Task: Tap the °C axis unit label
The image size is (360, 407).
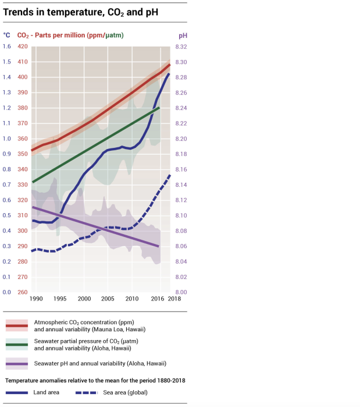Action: coord(6,36)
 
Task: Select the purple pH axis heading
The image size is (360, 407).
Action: coord(183,36)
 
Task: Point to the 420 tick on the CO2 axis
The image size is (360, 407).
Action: coord(22,47)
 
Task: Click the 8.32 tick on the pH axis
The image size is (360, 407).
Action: coord(182,47)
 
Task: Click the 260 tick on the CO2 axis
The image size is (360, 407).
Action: coord(22,292)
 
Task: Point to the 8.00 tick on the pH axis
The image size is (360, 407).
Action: coord(182,292)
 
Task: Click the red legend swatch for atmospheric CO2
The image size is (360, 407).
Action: coord(17,325)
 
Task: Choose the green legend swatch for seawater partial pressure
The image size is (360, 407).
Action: coord(17,344)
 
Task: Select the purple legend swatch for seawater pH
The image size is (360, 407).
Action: coord(17,363)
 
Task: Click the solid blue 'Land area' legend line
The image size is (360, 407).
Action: coord(17,392)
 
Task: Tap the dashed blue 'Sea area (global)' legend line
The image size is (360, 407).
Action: coord(87,392)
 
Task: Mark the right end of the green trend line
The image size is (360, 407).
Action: coord(159,108)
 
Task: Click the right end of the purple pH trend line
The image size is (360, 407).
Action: coord(159,246)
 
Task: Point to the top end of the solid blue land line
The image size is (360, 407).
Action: coord(169,73)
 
